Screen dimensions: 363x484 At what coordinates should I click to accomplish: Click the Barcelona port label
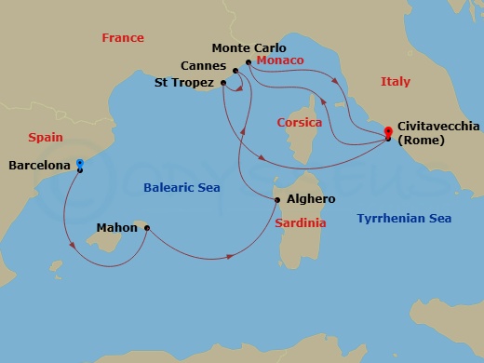point(39,166)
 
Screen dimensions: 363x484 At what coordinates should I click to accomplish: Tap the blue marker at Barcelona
point(80,162)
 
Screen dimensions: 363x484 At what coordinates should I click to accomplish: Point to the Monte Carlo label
point(249,47)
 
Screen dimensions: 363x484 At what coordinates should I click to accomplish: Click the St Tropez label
point(184,83)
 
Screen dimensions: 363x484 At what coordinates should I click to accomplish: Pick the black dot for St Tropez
point(223,83)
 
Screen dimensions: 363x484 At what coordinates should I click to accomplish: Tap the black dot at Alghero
point(276,199)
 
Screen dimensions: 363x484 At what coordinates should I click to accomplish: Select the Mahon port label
point(117,226)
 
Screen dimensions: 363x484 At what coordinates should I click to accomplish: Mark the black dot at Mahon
point(147,226)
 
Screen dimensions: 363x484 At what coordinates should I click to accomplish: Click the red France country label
point(123,38)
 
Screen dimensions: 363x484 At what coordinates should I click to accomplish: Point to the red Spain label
point(46,137)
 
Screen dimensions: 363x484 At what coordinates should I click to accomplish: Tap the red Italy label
point(395,82)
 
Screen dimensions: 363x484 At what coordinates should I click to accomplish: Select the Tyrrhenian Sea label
point(404,219)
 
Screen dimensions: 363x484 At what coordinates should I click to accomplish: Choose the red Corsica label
point(300,122)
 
